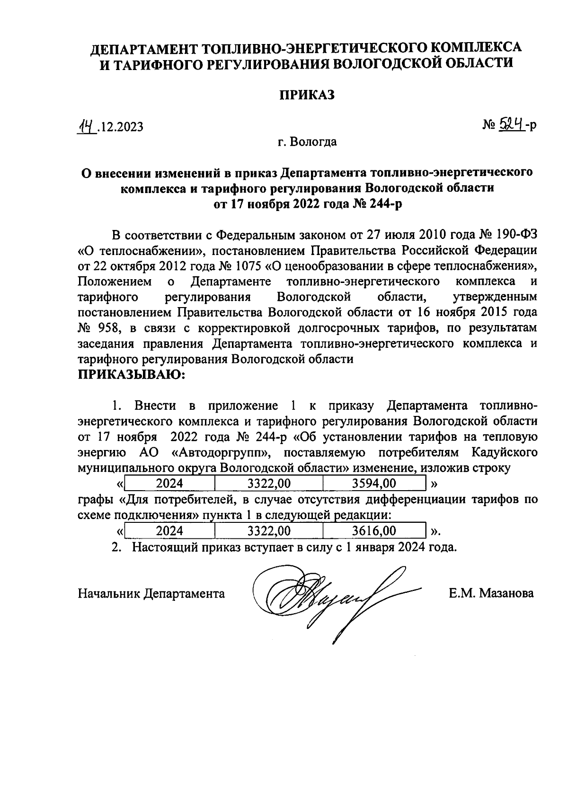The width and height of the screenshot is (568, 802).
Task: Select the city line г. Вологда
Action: pyautogui.click(x=307, y=141)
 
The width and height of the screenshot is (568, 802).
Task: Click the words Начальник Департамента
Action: pyautogui.click(x=151, y=593)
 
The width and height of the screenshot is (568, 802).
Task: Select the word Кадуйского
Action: pyautogui.click(x=505, y=452)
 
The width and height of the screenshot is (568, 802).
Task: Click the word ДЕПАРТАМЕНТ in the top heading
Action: pyautogui.click(x=143, y=48)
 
